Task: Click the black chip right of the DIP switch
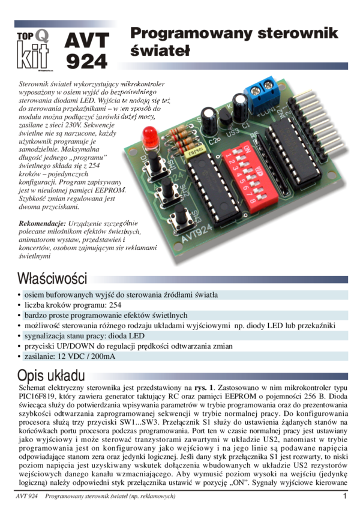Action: click(293, 154)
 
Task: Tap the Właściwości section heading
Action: click(52, 279)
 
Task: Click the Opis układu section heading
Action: click(51, 376)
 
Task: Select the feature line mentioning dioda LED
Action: click(84, 336)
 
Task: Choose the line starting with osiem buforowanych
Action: click(120, 295)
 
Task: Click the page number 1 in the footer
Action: click(345, 496)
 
